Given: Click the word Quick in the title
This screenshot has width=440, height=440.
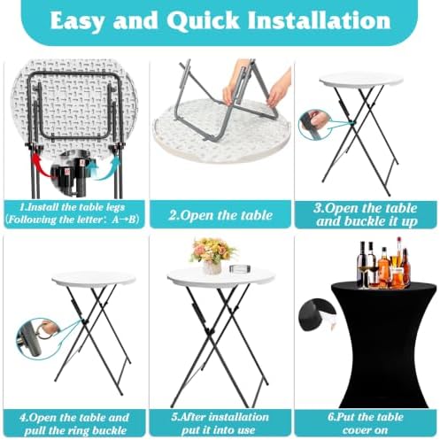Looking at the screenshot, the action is pos(203,20).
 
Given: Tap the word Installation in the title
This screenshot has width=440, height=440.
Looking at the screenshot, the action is pos(319,20).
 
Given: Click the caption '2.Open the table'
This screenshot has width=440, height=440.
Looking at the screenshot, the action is pos(220,214).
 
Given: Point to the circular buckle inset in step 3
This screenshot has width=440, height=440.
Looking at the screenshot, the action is pos(314,125).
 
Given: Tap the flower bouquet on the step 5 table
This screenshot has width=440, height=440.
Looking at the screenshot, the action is pos(212,254).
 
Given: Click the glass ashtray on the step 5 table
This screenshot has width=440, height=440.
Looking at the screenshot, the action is pos(241,269).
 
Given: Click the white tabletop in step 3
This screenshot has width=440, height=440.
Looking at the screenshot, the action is pos(361,80).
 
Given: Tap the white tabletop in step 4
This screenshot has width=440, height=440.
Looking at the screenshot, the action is pos(94,279).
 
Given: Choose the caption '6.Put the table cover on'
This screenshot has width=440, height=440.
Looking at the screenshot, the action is pos(366,423).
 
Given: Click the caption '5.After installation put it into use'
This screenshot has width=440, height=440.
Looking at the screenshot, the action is pos(220,423).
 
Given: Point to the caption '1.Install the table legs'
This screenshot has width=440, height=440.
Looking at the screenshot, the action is pos(72,206).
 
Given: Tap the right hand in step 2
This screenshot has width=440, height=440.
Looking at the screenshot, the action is pos(279,87).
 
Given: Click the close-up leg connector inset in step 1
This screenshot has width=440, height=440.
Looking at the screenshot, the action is pos(73,170).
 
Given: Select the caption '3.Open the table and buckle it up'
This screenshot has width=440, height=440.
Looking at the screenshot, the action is pos(366,214).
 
